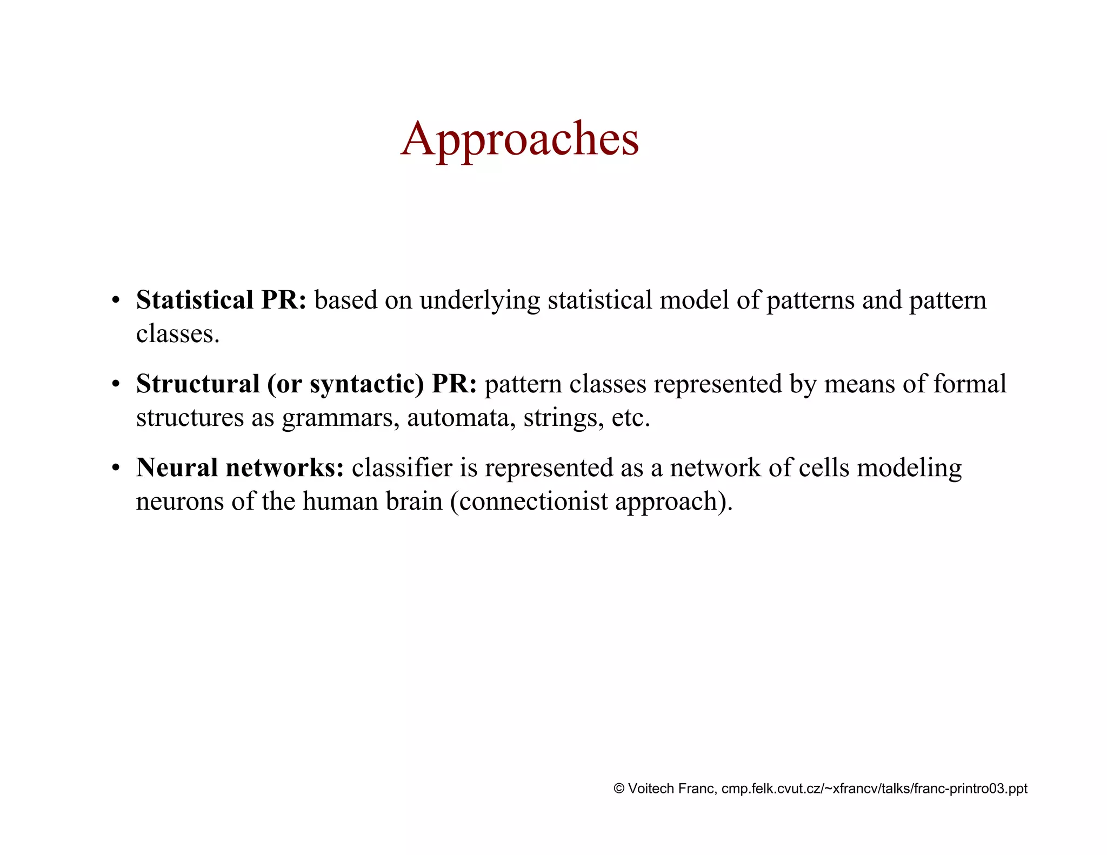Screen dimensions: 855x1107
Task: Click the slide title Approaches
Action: tap(519, 139)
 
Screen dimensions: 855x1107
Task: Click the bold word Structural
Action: tap(198, 384)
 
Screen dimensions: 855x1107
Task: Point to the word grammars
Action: tap(341, 418)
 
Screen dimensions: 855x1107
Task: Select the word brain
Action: tap(414, 502)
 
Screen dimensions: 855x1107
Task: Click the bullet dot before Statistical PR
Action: tap(115, 301)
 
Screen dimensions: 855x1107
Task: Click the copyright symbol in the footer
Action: tap(619, 789)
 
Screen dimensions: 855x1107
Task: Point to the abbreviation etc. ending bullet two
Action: tap(631, 418)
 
